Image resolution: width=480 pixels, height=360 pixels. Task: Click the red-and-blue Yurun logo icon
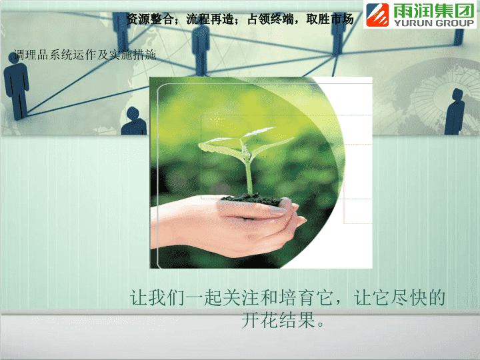377,15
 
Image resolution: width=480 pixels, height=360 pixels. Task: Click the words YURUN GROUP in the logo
433,23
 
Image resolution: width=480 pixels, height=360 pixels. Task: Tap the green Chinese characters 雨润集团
433,11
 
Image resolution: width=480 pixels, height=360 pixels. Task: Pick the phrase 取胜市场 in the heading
330,19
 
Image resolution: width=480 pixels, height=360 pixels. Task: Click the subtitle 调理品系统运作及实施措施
85,55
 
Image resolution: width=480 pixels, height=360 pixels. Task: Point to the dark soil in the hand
253,199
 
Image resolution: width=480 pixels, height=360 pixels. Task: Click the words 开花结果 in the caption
278,320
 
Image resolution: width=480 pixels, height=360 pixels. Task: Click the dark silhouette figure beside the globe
455,111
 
